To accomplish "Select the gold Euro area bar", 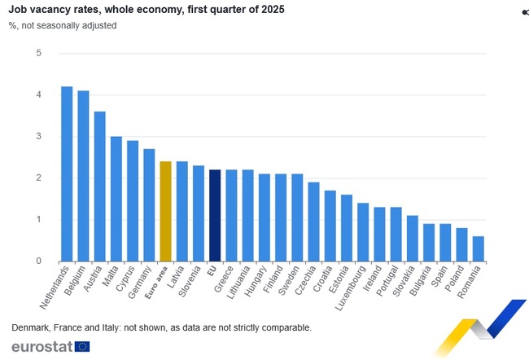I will click(x=165, y=211).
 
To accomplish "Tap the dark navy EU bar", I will click(x=215, y=215).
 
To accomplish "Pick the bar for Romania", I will click(x=478, y=248).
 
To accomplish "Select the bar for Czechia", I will click(x=313, y=222).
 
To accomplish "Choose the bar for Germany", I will click(x=149, y=204).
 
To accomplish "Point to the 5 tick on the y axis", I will click(x=38, y=53).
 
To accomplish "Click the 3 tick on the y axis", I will click(x=38, y=136).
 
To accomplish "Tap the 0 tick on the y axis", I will click(x=38, y=261).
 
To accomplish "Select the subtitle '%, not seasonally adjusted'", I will click(x=63, y=25).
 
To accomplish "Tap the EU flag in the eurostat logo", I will click(x=82, y=346).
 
